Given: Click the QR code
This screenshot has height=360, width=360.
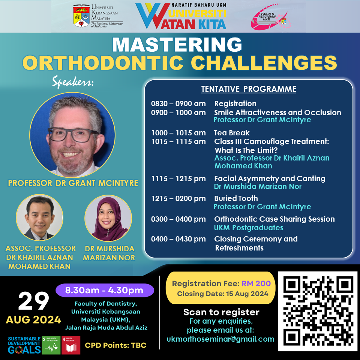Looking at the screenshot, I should pyautogui.click(x=317, y=311).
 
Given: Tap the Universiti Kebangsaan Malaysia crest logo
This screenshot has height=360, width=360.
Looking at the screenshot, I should pyautogui.click(x=82, y=16).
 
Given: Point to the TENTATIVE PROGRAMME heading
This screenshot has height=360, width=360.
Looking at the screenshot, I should pyautogui.click(x=249, y=89).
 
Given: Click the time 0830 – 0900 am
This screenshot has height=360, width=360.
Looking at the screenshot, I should pyautogui.click(x=178, y=104).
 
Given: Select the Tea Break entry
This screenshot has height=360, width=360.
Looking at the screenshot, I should pyautogui.click(x=232, y=133).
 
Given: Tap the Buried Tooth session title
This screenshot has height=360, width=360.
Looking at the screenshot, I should pyautogui.click(x=236, y=198).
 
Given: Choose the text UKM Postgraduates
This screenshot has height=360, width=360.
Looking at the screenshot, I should pyautogui.click(x=248, y=228).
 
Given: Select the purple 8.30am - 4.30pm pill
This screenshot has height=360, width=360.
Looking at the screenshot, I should pyautogui.click(x=104, y=290).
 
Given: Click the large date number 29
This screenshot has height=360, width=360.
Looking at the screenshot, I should pyautogui.click(x=33, y=301).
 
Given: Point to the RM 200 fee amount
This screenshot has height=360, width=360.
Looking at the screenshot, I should pyautogui.click(x=258, y=284).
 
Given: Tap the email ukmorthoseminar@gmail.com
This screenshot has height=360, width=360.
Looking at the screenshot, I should pyautogui.click(x=220, y=339).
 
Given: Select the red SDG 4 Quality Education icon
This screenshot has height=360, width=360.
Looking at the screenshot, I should pyautogui.click(x=70, y=345).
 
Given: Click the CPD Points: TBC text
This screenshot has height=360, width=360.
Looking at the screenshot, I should pyautogui.click(x=115, y=345).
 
